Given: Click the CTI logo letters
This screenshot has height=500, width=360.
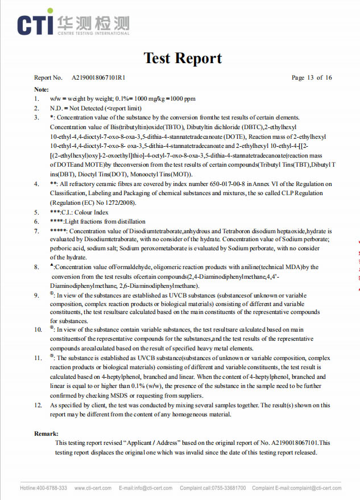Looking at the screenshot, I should (35, 23).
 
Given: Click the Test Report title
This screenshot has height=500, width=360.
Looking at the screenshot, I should (183, 58).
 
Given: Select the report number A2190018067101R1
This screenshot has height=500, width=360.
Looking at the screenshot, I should (99, 78).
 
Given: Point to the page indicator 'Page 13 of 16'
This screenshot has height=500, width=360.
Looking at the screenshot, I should (312, 78).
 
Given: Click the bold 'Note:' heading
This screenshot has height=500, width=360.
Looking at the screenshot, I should (41, 90).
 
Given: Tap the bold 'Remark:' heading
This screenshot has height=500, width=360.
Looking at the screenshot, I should (46, 433).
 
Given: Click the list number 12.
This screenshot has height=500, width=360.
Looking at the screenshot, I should (38, 406).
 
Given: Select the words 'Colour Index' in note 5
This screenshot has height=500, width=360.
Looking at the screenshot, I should (93, 212).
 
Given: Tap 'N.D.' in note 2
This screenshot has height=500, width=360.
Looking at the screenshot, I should (56, 108).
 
